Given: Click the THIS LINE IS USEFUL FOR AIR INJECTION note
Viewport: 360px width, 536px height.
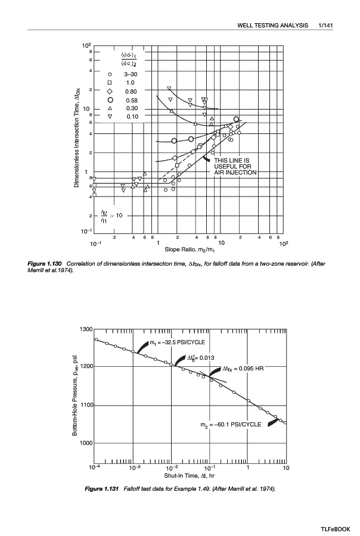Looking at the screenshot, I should pos(235,166).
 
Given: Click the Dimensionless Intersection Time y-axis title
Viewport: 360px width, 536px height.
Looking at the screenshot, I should pos(77,136).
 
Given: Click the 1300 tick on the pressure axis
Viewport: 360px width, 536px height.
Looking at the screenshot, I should pos(85,329).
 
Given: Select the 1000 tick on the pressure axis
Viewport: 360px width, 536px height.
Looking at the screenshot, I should pos(85,443).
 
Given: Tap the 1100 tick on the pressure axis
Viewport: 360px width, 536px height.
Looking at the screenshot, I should pos(85,406).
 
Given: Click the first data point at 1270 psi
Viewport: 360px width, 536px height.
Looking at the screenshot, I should pos(97,339).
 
